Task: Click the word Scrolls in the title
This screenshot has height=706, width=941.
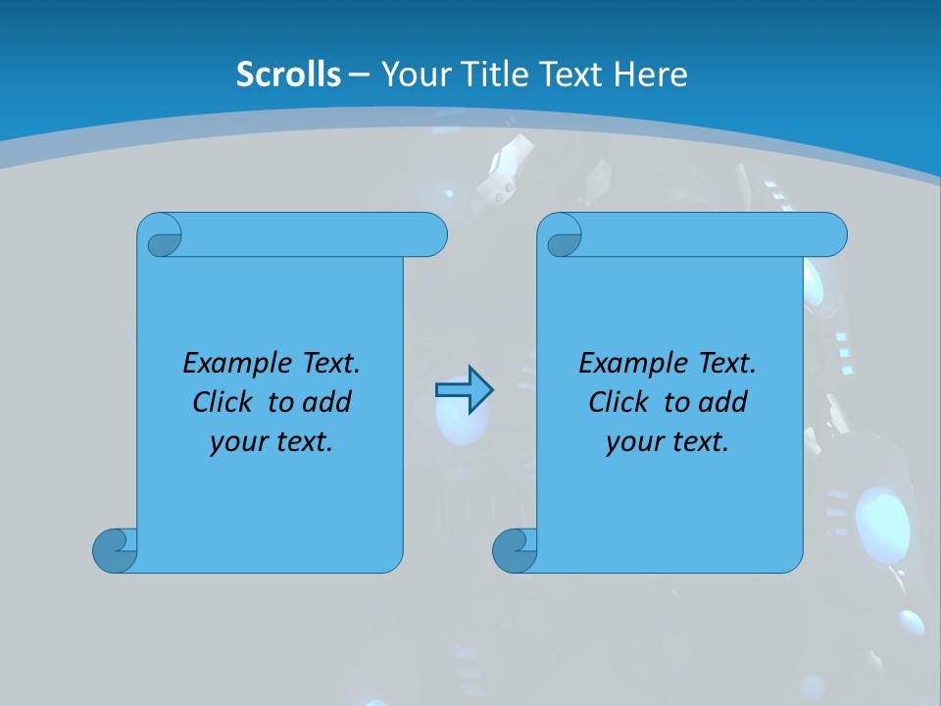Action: click(x=289, y=75)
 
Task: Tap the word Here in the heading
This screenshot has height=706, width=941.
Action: click(x=651, y=75)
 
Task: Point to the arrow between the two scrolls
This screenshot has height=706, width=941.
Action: click(x=464, y=390)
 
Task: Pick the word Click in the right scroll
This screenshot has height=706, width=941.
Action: click(x=618, y=402)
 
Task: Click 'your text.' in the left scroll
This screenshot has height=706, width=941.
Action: click(x=272, y=442)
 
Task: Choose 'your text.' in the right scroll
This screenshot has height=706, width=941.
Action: click(x=668, y=442)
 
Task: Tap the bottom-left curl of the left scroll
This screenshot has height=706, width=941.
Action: click(x=115, y=549)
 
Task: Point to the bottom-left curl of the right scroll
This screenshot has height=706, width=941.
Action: click(x=514, y=549)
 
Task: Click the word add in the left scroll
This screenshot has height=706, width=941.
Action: click(x=329, y=402)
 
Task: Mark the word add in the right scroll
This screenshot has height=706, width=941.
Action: click(x=725, y=402)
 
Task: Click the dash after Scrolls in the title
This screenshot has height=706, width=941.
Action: click(x=359, y=75)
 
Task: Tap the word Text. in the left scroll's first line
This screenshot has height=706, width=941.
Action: click(x=327, y=364)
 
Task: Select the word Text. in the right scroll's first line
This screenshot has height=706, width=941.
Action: click(x=723, y=364)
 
